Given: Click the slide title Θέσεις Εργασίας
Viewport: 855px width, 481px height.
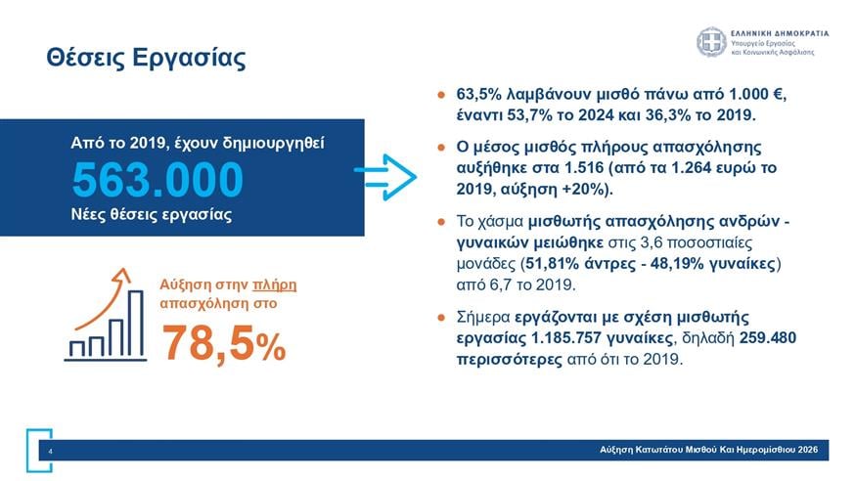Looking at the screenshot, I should pyautogui.click(x=145, y=58).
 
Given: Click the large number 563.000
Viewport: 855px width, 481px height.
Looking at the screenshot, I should pyautogui.click(x=157, y=180).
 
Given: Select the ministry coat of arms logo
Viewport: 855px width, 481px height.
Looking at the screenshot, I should pyautogui.click(x=710, y=42).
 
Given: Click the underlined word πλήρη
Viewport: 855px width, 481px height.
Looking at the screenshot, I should pyautogui.click(x=274, y=284).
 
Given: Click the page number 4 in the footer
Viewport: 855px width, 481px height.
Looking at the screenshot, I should pyautogui.click(x=49, y=451).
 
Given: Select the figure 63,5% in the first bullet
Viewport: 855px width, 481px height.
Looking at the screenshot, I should pyautogui.click(x=479, y=97).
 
